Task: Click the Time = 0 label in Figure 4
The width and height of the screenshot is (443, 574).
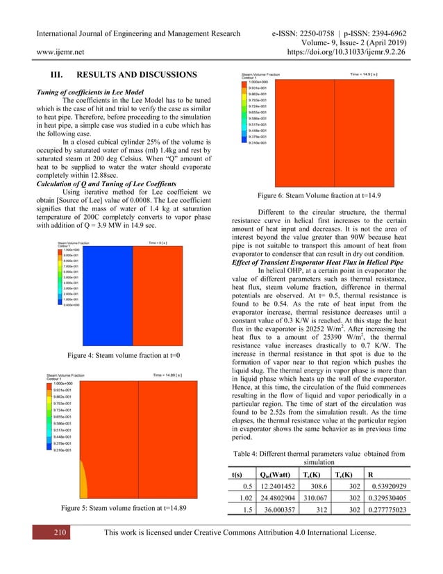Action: (x=164, y=243)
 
